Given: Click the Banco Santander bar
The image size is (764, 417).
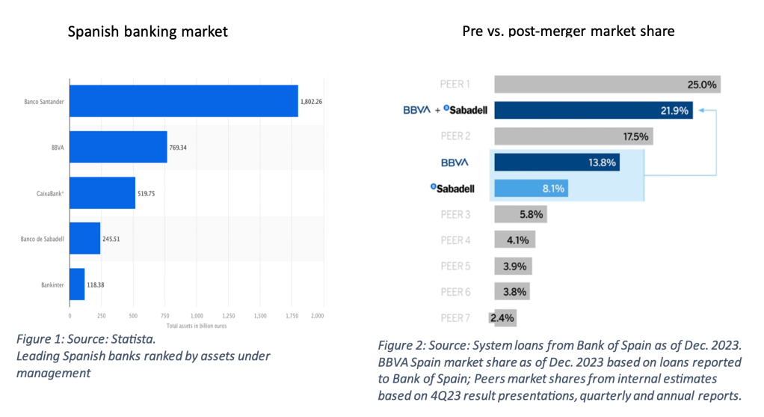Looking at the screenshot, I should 183,101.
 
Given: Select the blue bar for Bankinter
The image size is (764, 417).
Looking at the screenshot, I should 77,284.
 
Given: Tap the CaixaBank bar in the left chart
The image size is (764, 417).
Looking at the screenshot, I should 102,192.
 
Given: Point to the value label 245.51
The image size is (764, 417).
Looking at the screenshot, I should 112,239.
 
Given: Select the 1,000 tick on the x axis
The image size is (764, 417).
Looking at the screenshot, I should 197,316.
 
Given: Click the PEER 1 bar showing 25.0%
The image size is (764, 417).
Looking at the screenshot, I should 606,85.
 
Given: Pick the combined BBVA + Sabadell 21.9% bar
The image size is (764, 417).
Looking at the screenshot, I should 593,111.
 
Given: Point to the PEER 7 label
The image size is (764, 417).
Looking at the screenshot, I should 456,318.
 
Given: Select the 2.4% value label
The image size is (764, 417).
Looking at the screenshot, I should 502,318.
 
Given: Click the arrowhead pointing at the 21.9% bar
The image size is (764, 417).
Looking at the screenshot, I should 698,111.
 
